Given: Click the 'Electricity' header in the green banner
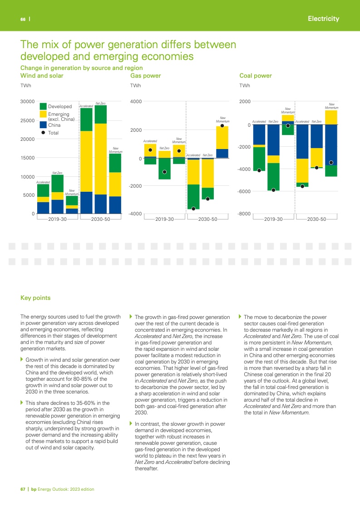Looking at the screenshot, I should tap(323, 19).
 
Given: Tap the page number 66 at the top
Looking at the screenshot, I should tap(22, 19).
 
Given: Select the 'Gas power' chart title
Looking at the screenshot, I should tap(145, 75).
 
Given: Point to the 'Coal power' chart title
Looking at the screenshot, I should tap(256, 75).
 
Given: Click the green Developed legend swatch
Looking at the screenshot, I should tap(43, 106).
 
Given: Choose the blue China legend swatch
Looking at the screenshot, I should tap(43, 124).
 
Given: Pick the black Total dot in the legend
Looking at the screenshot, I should tap(43, 133).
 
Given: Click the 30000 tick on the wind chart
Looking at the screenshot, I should tap(28, 101).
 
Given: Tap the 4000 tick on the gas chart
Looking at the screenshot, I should tap(136, 101).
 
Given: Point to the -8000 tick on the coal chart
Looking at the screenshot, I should tap(244, 214).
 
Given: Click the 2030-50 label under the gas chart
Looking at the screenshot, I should tap(207, 219).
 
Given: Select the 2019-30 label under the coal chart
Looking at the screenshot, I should tap(273, 219).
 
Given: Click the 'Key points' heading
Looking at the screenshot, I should tap(35, 298).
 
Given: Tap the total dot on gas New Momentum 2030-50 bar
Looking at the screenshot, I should tap(222, 126).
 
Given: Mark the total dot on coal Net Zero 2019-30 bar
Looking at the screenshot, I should tap(273, 190).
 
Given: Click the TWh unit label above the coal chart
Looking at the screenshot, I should tap(244, 85).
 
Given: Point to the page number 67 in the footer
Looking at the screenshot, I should tap(23, 489).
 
